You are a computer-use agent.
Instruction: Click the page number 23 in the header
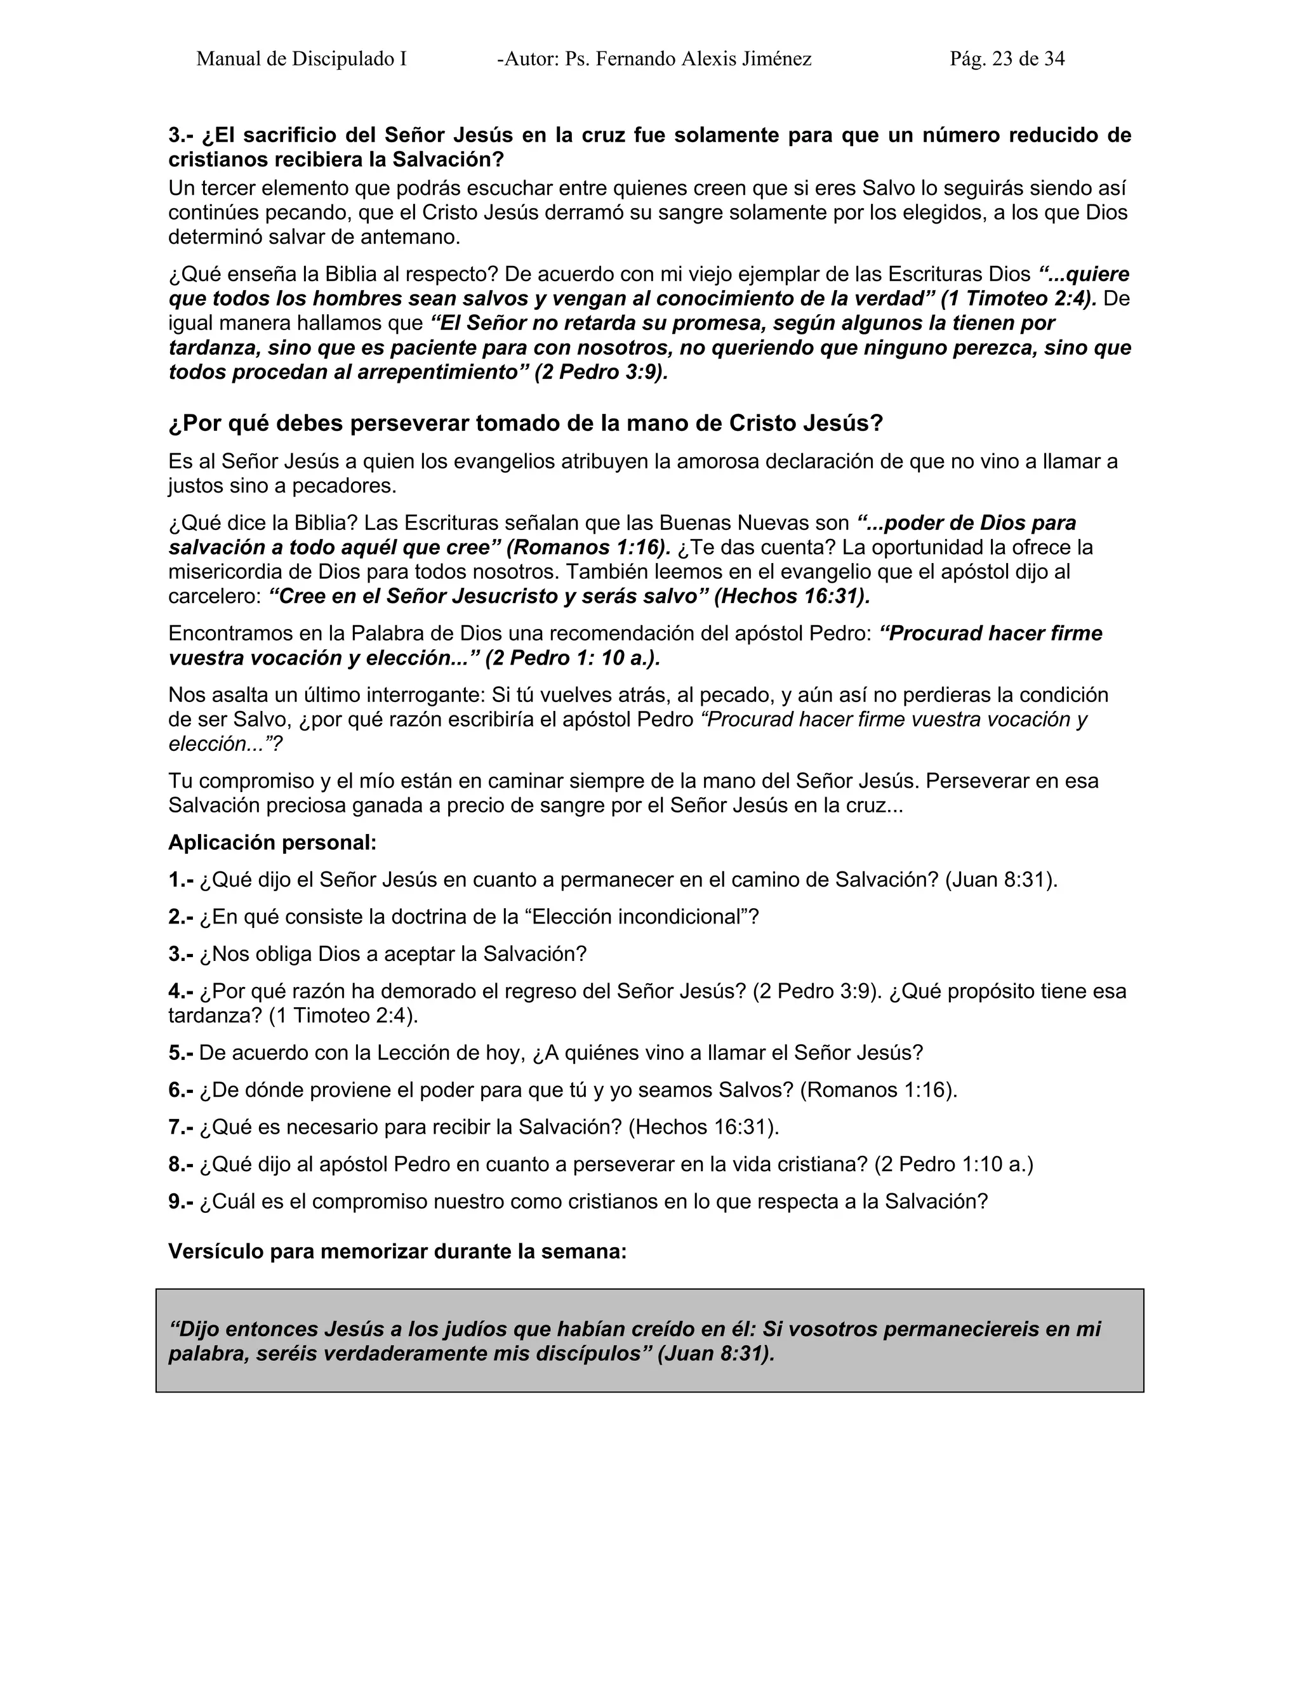click(x=1003, y=58)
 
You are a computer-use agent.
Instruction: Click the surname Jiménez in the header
click(x=776, y=58)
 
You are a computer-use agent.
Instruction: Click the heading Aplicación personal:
click(x=272, y=842)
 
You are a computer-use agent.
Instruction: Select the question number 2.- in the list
click(x=181, y=917)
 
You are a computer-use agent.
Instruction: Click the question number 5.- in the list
click(x=181, y=1053)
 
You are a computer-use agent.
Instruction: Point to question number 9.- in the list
click(x=181, y=1202)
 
